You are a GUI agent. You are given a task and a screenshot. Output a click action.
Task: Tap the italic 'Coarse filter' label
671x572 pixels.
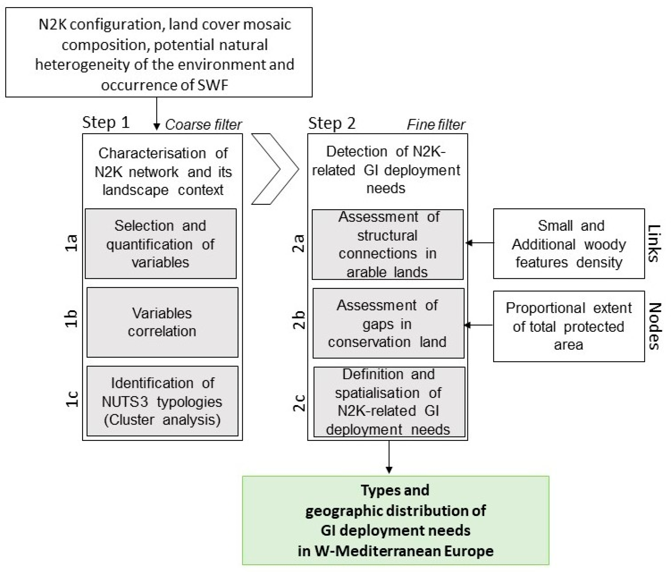[203, 125]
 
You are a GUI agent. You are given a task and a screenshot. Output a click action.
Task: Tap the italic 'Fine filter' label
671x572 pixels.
[436, 125]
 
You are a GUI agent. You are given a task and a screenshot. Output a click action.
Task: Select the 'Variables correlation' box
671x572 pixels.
[162, 322]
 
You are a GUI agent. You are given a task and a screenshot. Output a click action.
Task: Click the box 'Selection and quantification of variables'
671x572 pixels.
[161, 244]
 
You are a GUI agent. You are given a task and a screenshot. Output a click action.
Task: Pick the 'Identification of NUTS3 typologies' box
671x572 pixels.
[162, 401]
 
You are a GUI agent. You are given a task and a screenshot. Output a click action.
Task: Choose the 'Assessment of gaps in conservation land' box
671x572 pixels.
[388, 324]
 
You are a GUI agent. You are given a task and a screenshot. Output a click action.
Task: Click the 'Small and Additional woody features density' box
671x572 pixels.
[569, 244]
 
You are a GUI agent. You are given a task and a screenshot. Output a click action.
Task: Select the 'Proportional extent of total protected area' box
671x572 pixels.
[569, 326]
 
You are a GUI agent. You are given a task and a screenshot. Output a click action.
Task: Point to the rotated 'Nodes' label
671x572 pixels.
[654, 326]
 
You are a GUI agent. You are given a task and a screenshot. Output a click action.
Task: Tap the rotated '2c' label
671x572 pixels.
[299, 403]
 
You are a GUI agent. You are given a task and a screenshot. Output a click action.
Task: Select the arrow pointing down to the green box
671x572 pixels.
[389, 457]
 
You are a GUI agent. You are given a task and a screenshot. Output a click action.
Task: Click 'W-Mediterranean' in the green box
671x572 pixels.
[378, 551]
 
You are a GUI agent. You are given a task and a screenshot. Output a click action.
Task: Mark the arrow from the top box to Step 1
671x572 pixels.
[157, 113]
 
